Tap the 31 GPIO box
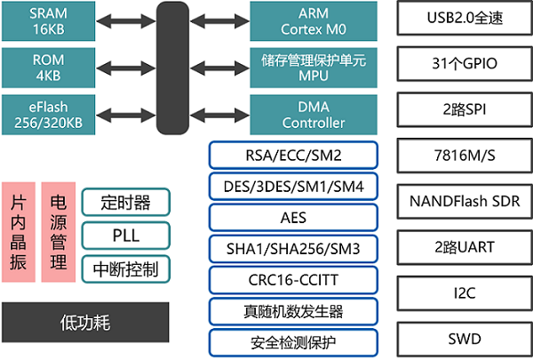point(457,65)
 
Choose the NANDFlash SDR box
point(457,200)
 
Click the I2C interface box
point(457,292)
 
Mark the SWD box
point(457,338)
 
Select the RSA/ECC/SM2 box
point(293,156)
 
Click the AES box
point(293,217)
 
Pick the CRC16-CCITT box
point(293,279)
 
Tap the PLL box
point(125,235)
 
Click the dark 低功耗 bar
point(84,322)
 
